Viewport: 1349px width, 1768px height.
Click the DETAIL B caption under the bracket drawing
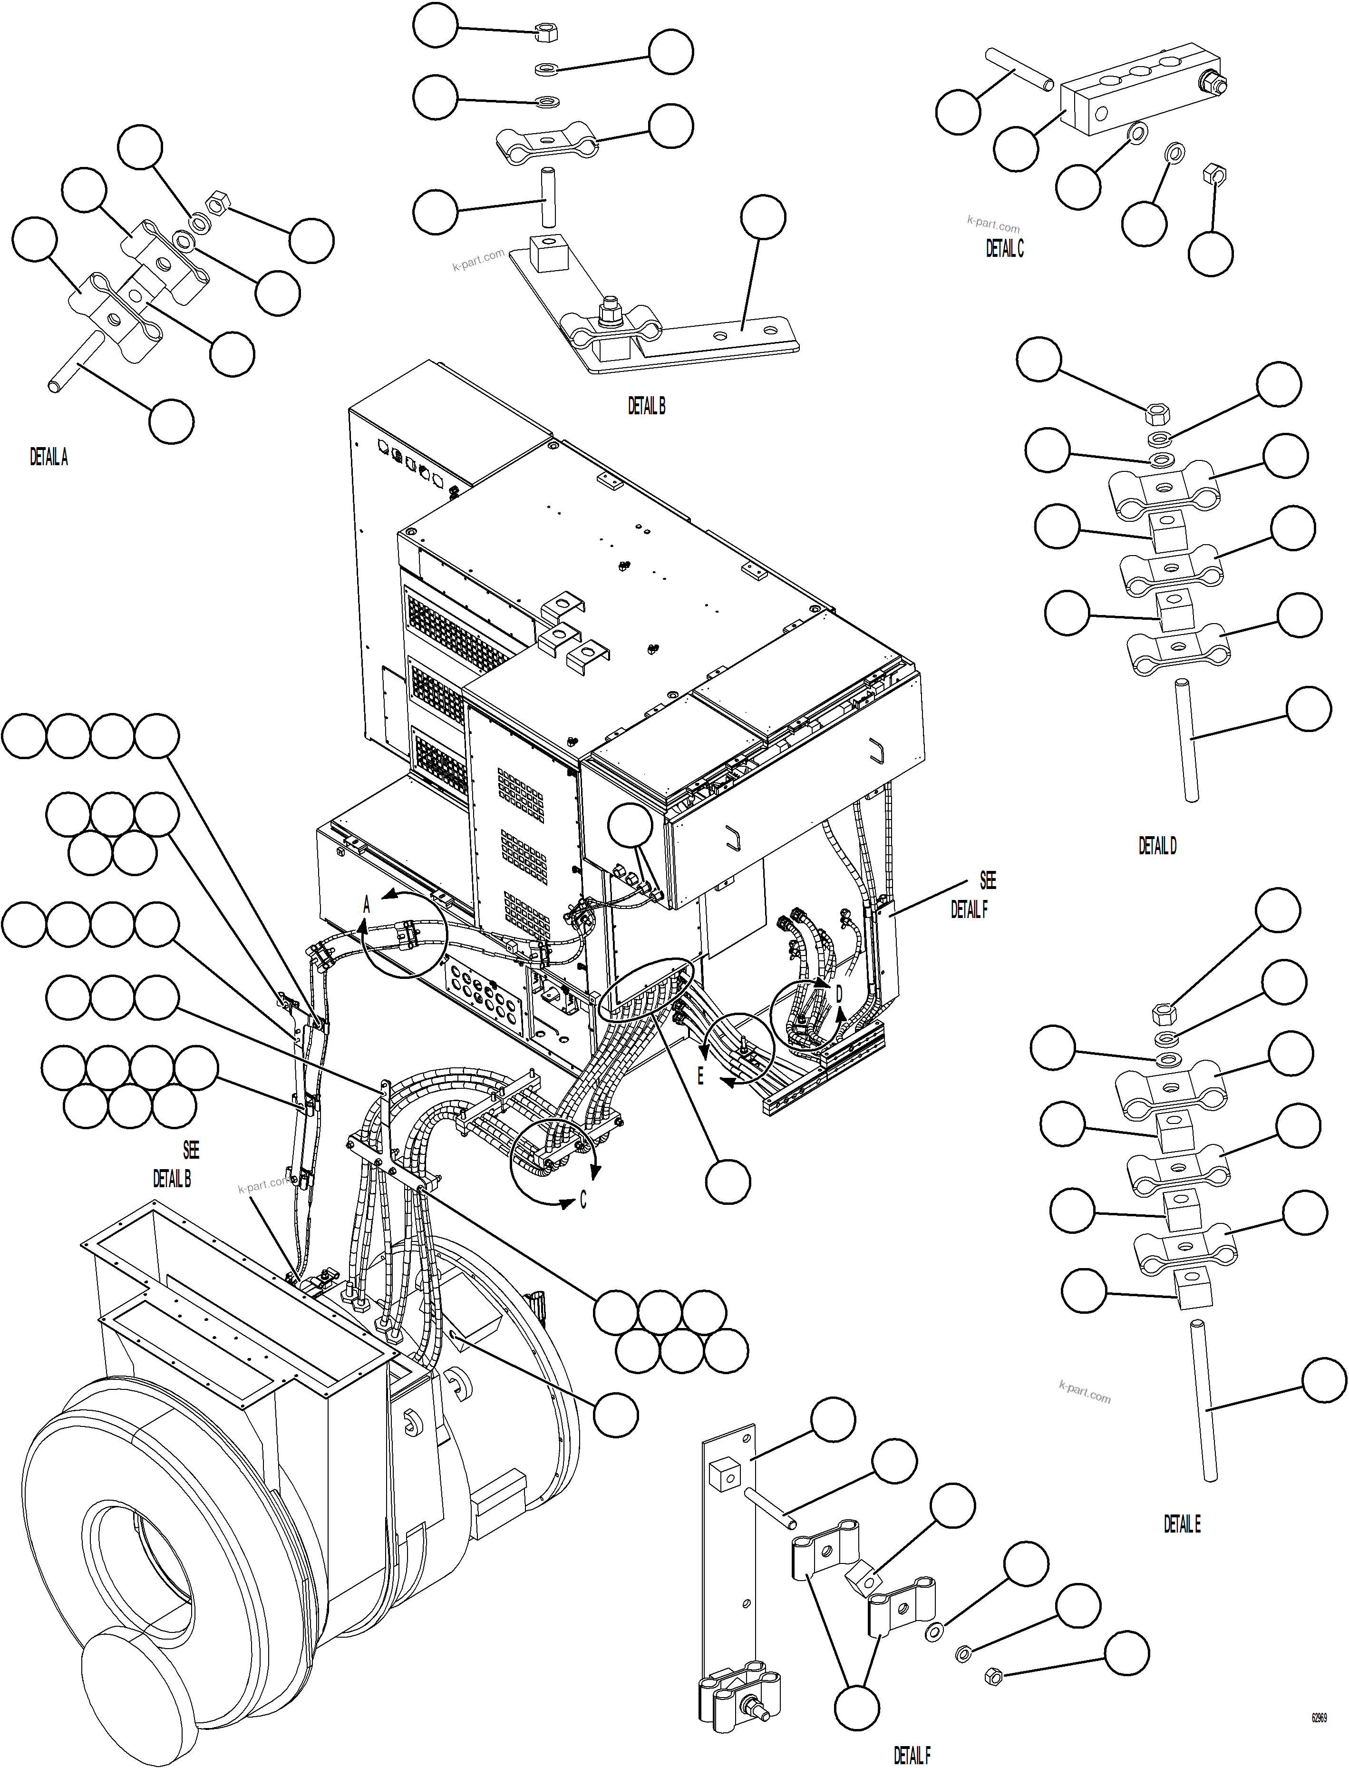tap(646, 407)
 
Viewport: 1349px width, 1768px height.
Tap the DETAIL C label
tap(1005, 249)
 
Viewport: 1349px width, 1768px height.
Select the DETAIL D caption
tap(1157, 845)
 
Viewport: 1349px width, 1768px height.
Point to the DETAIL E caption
tap(1182, 1524)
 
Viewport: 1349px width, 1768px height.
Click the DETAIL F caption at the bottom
tap(912, 1755)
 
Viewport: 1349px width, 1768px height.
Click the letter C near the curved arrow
tap(583, 1200)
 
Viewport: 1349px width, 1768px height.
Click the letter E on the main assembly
tap(700, 1075)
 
